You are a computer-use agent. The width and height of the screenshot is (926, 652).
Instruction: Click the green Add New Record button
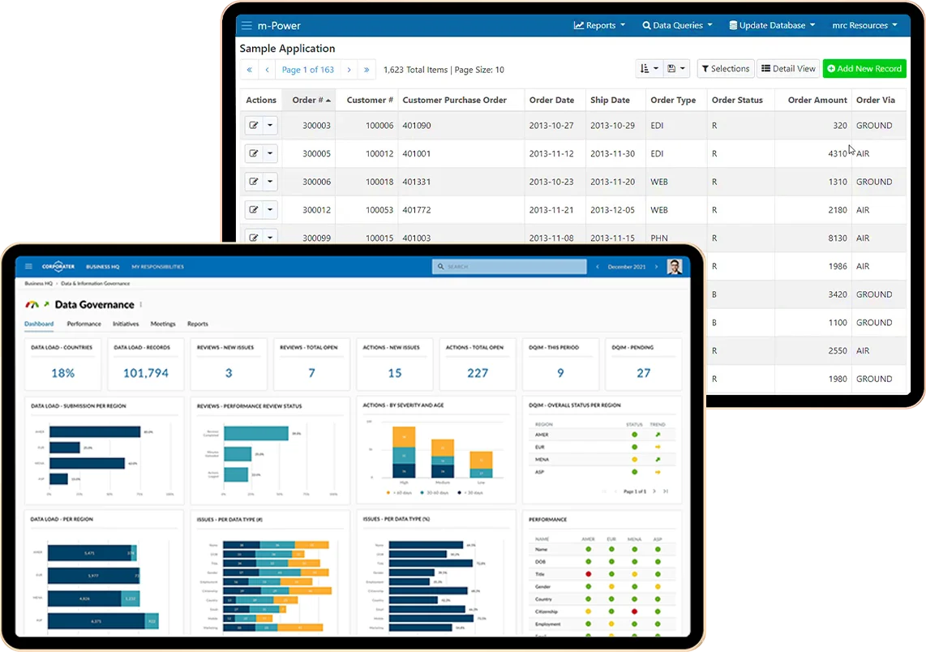point(864,69)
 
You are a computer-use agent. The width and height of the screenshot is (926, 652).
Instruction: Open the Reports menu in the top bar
point(599,25)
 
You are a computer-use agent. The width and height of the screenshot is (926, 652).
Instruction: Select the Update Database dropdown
point(771,25)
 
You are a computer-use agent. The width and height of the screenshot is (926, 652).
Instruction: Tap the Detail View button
point(787,69)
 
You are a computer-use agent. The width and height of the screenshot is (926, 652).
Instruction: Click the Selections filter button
point(725,69)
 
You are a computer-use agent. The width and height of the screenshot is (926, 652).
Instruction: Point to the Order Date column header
point(551,100)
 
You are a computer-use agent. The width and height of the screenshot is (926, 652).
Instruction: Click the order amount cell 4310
point(838,153)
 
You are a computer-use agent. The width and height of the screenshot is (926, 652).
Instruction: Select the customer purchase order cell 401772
point(417,210)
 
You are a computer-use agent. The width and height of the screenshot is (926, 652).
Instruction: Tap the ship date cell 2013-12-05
point(612,210)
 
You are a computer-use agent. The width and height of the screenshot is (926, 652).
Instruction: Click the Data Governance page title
point(94,305)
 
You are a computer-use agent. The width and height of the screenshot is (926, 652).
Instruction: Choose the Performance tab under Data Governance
point(84,324)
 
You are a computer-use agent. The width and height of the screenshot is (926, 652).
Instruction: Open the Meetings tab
point(163,324)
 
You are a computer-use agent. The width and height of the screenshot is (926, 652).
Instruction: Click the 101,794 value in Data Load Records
point(146,373)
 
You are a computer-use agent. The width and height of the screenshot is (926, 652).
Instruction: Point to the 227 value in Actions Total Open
point(478,373)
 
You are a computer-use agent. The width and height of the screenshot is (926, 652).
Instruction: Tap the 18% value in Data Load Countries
point(62,373)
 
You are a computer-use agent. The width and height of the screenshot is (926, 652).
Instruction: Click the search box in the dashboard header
point(510,266)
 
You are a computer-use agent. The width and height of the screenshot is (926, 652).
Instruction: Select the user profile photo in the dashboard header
point(674,266)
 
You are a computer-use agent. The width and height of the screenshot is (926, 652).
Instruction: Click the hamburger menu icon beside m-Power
point(247,25)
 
